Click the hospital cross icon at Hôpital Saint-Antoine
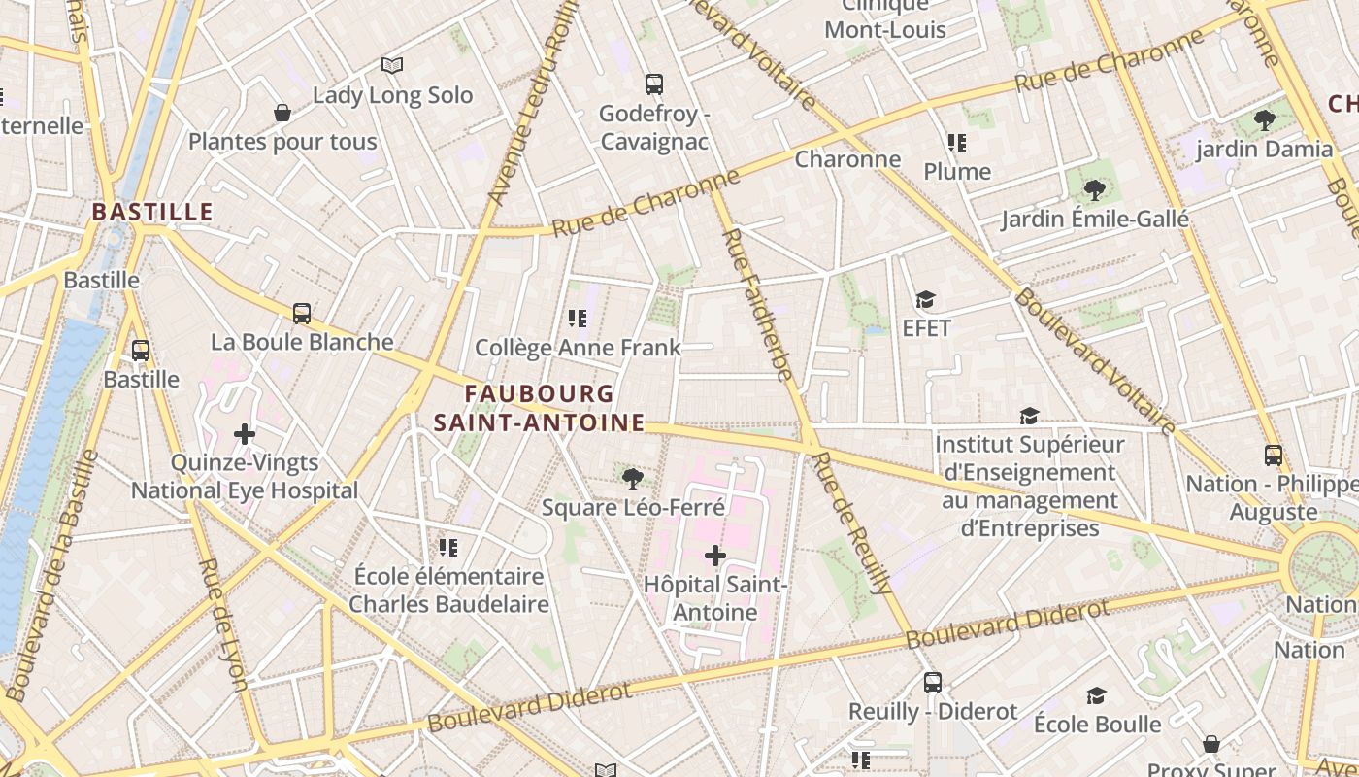[x=715, y=556]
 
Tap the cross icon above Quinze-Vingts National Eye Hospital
[x=245, y=434]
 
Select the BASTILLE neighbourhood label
[x=152, y=212]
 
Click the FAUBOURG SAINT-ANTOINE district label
[x=540, y=408]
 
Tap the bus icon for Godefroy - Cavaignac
[x=654, y=84]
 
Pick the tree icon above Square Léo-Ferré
[x=632, y=478]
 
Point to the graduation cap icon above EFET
[x=925, y=300]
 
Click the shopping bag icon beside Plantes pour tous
[x=282, y=114]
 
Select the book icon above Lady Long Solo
[x=392, y=66]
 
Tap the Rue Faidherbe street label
[x=758, y=305]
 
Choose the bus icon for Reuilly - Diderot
[x=933, y=683]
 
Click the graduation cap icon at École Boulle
[x=1096, y=695]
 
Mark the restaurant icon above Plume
[x=957, y=144]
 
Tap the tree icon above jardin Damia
[x=1264, y=120]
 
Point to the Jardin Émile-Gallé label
[x=1095, y=219]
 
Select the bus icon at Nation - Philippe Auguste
[x=1273, y=455]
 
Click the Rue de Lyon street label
[x=222, y=625]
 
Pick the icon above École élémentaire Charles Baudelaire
[x=447, y=548]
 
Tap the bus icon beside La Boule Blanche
[x=302, y=314]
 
